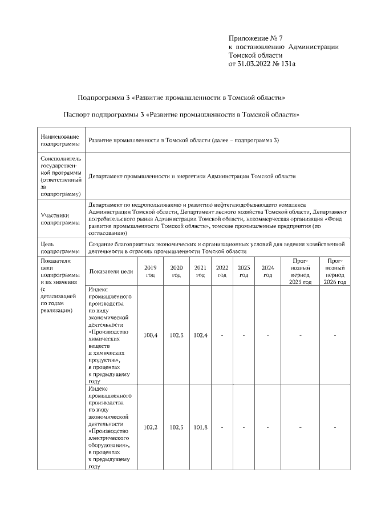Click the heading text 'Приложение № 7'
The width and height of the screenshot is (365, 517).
[x=255, y=38]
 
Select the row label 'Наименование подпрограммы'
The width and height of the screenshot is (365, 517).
[x=59, y=140]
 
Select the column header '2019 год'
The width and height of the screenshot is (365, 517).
[x=151, y=271]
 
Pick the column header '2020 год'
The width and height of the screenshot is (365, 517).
[x=176, y=271]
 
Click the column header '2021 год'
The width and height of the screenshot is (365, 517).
[x=200, y=271]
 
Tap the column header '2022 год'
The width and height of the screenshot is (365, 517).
[x=222, y=271]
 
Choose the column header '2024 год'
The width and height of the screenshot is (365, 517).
[x=267, y=271]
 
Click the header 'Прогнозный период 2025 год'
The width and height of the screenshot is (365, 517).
[x=300, y=271]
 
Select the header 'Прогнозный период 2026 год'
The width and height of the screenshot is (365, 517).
[x=335, y=271]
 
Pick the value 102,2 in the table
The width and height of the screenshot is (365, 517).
[x=151, y=427]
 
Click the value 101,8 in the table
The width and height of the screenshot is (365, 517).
[x=200, y=427]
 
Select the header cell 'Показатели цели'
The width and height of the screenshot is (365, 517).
[x=111, y=271]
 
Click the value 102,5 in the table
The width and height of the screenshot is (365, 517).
[x=176, y=427]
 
